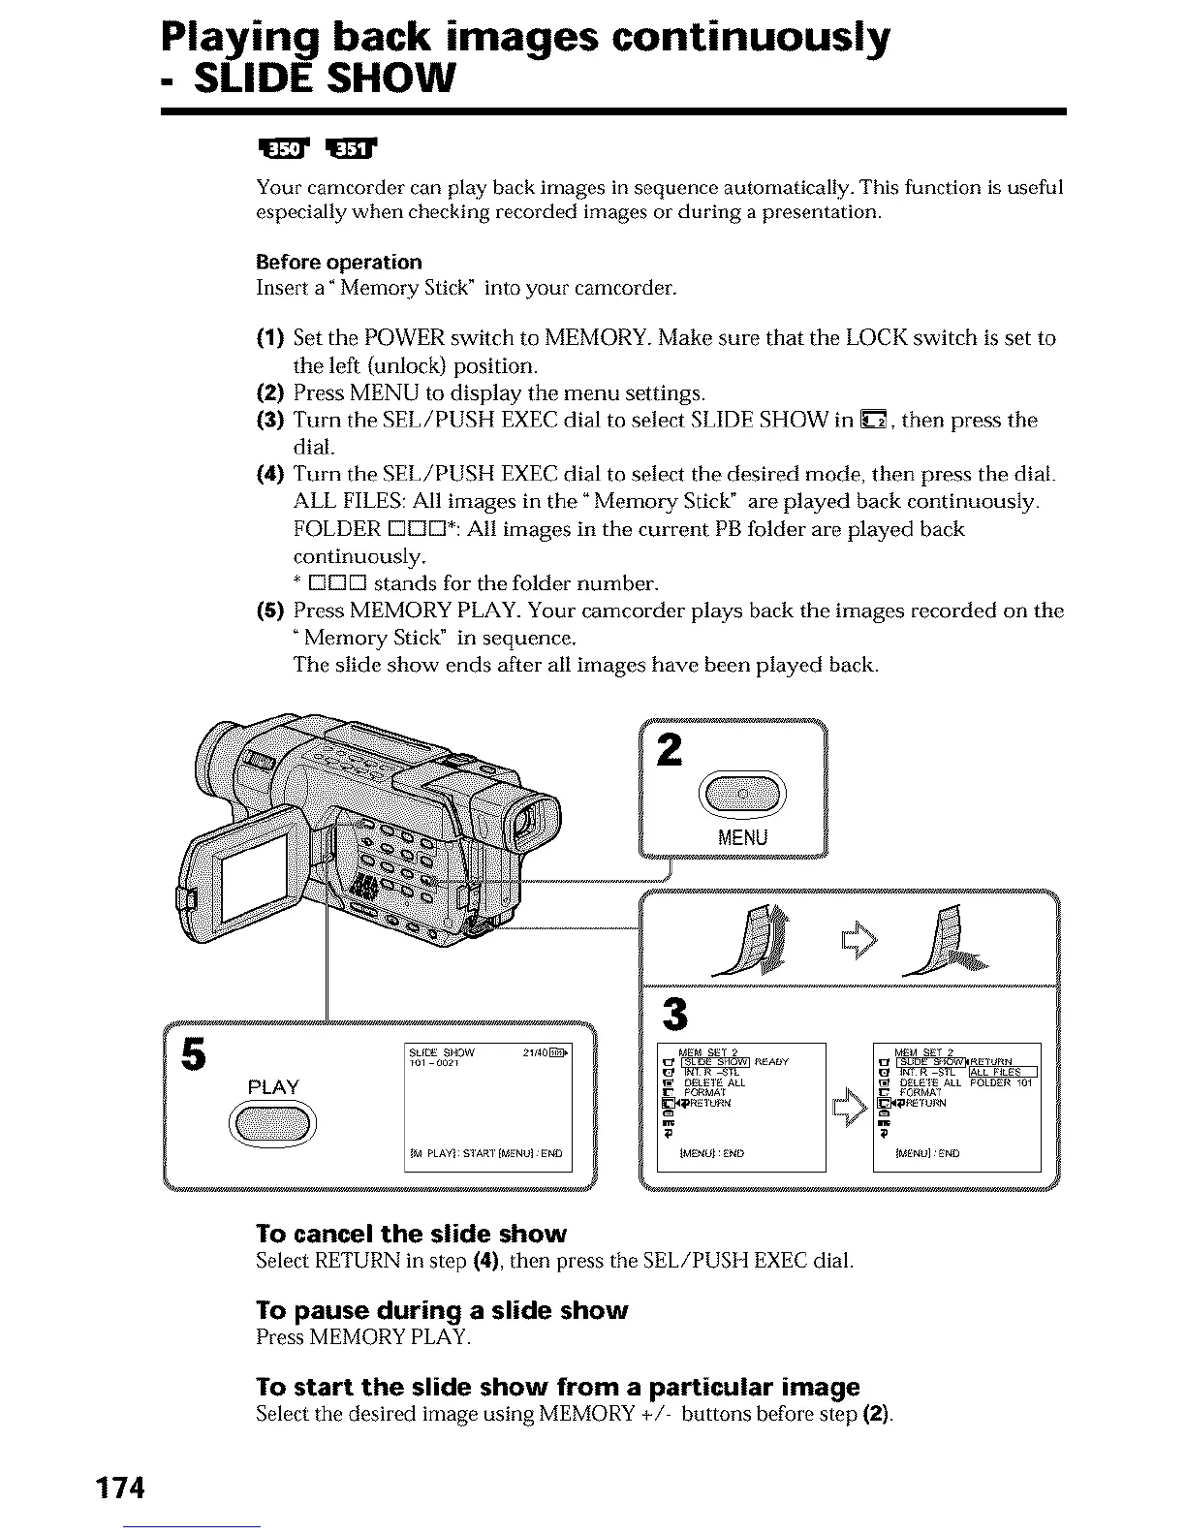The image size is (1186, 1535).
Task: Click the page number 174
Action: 119,1488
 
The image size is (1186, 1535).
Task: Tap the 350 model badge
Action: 281,148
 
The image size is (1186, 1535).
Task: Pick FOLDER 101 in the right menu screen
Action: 1002,1082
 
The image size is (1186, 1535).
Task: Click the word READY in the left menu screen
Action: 771,1062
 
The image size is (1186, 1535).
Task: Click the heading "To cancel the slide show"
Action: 411,1234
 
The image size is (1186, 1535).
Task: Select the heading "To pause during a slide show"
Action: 442,1311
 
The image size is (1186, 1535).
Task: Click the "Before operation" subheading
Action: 339,262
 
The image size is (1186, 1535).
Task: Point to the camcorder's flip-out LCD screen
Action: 254,880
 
